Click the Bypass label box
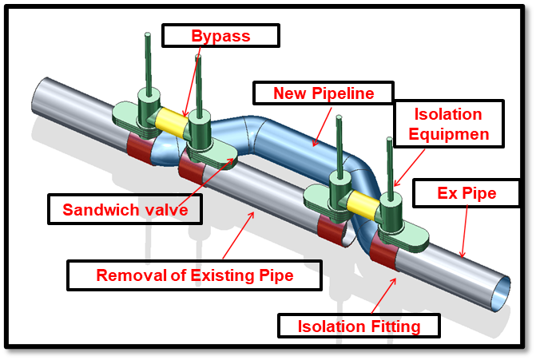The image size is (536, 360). [220, 35]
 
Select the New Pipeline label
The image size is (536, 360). [324, 93]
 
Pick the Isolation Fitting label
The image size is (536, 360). [359, 326]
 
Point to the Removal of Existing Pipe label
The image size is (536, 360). [194, 276]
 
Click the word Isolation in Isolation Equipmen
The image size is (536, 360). [450, 114]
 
